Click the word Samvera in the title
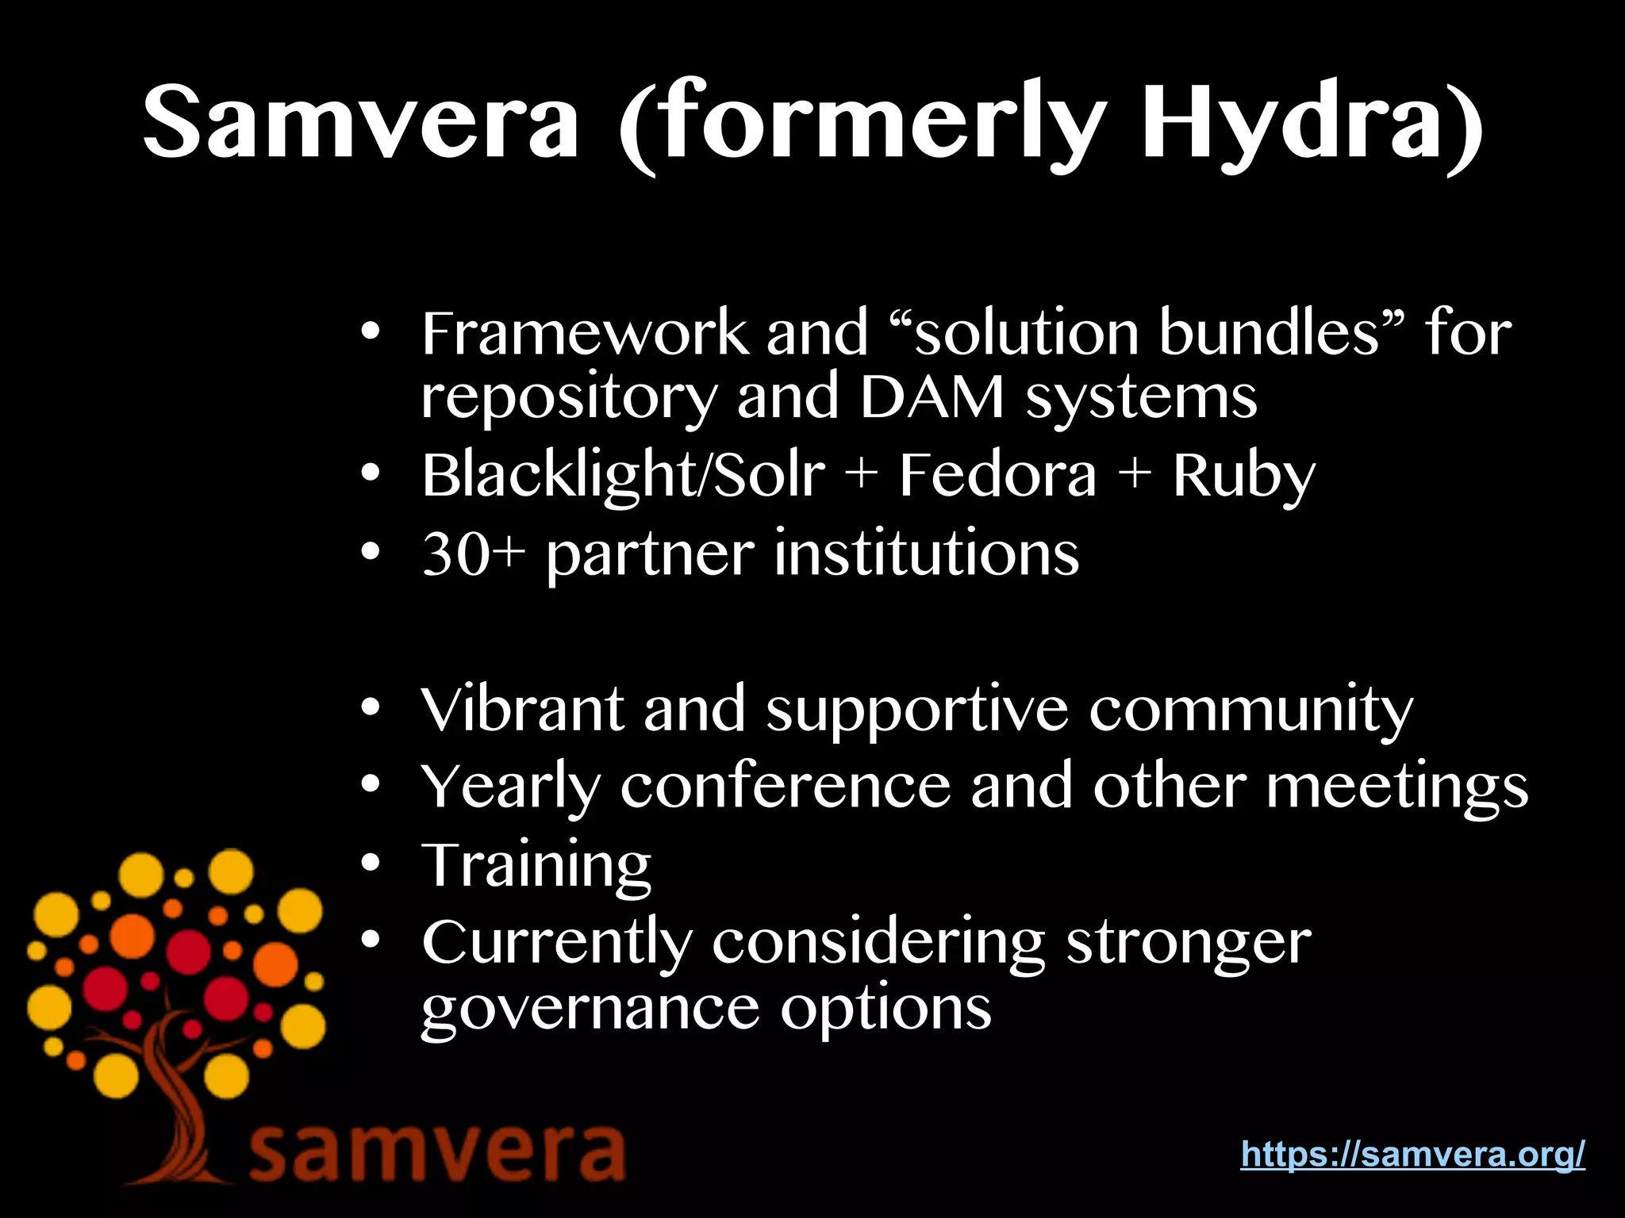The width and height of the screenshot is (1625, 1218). click(x=361, y=123)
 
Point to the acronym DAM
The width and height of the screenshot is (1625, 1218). click(x=932, y=396)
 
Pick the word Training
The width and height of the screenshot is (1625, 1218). click(x=536, y=865)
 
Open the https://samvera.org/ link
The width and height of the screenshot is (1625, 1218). click(x=1412, y=1153)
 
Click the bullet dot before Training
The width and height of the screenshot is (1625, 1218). click(x=370, y=863)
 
